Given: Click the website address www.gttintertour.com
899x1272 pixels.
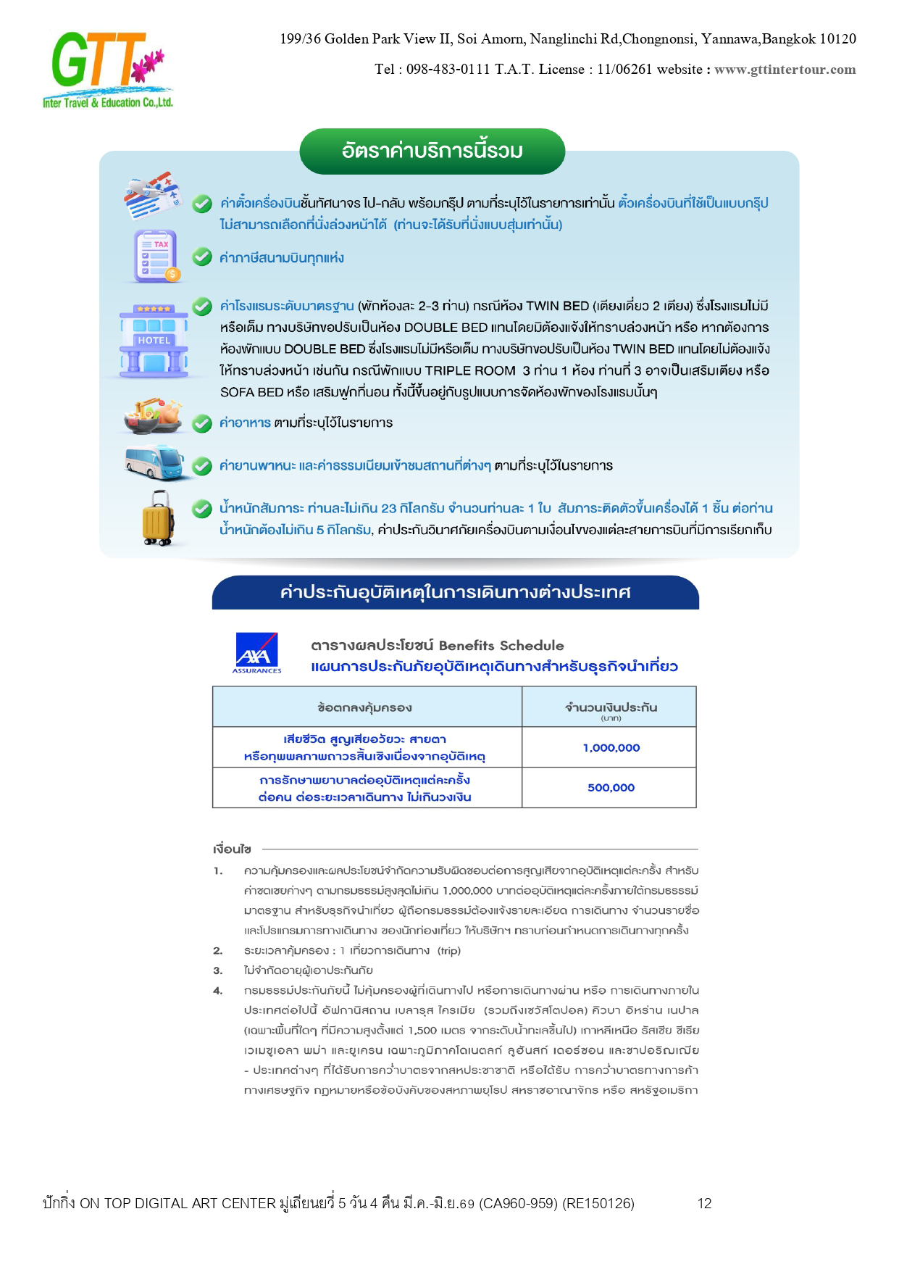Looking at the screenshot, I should [785, 70].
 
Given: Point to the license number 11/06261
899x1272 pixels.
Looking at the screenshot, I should [624, 70].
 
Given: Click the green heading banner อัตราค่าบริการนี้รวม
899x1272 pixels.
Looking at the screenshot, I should [432, 151].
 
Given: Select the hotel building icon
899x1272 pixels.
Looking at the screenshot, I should [154, 341].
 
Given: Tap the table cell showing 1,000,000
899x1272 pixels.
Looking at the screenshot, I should [611, 747].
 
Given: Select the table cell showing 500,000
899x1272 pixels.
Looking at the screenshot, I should [611, 787].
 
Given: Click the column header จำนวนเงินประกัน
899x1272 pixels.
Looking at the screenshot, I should [611, 708].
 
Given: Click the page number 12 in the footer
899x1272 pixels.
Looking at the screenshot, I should [704, 1204].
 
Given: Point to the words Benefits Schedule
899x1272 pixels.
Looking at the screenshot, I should [501, 645].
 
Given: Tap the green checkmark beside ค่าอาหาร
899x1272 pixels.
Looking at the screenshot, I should [202, 423].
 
